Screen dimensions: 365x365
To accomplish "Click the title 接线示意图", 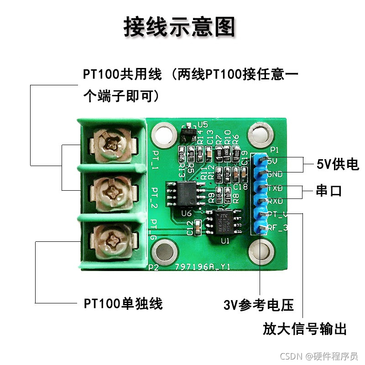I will pos(179,27).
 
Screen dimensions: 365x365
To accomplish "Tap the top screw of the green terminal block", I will pos(112,145).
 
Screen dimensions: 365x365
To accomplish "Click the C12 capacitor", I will pos(198,226).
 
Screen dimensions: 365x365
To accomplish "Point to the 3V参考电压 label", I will pos(258,305).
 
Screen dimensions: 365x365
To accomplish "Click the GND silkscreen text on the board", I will pos(275,174).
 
